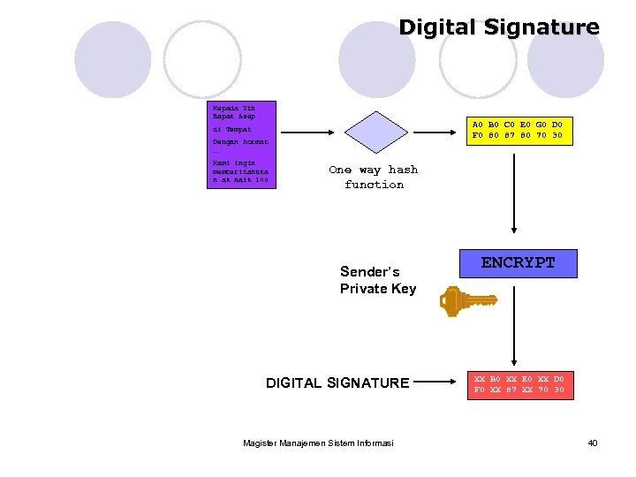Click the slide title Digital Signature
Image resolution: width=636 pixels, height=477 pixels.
[x=498, y=27]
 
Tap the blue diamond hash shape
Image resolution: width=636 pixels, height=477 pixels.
[x=373, y=132]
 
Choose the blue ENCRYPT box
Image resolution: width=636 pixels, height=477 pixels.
[x=519, y=263]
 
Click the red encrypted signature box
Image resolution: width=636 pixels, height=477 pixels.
[x=519, y=384]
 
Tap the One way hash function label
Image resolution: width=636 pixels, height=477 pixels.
[x=374, y=177]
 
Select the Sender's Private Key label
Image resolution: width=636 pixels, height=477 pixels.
[x=377, y=280]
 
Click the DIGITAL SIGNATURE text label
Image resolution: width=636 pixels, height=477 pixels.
[x=337, y=383]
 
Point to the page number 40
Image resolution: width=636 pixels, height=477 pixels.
[x=593, y=443]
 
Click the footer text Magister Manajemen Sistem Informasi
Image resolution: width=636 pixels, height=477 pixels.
[x=318, y=443]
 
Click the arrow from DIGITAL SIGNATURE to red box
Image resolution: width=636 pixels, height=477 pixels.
[x=439, y=383]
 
